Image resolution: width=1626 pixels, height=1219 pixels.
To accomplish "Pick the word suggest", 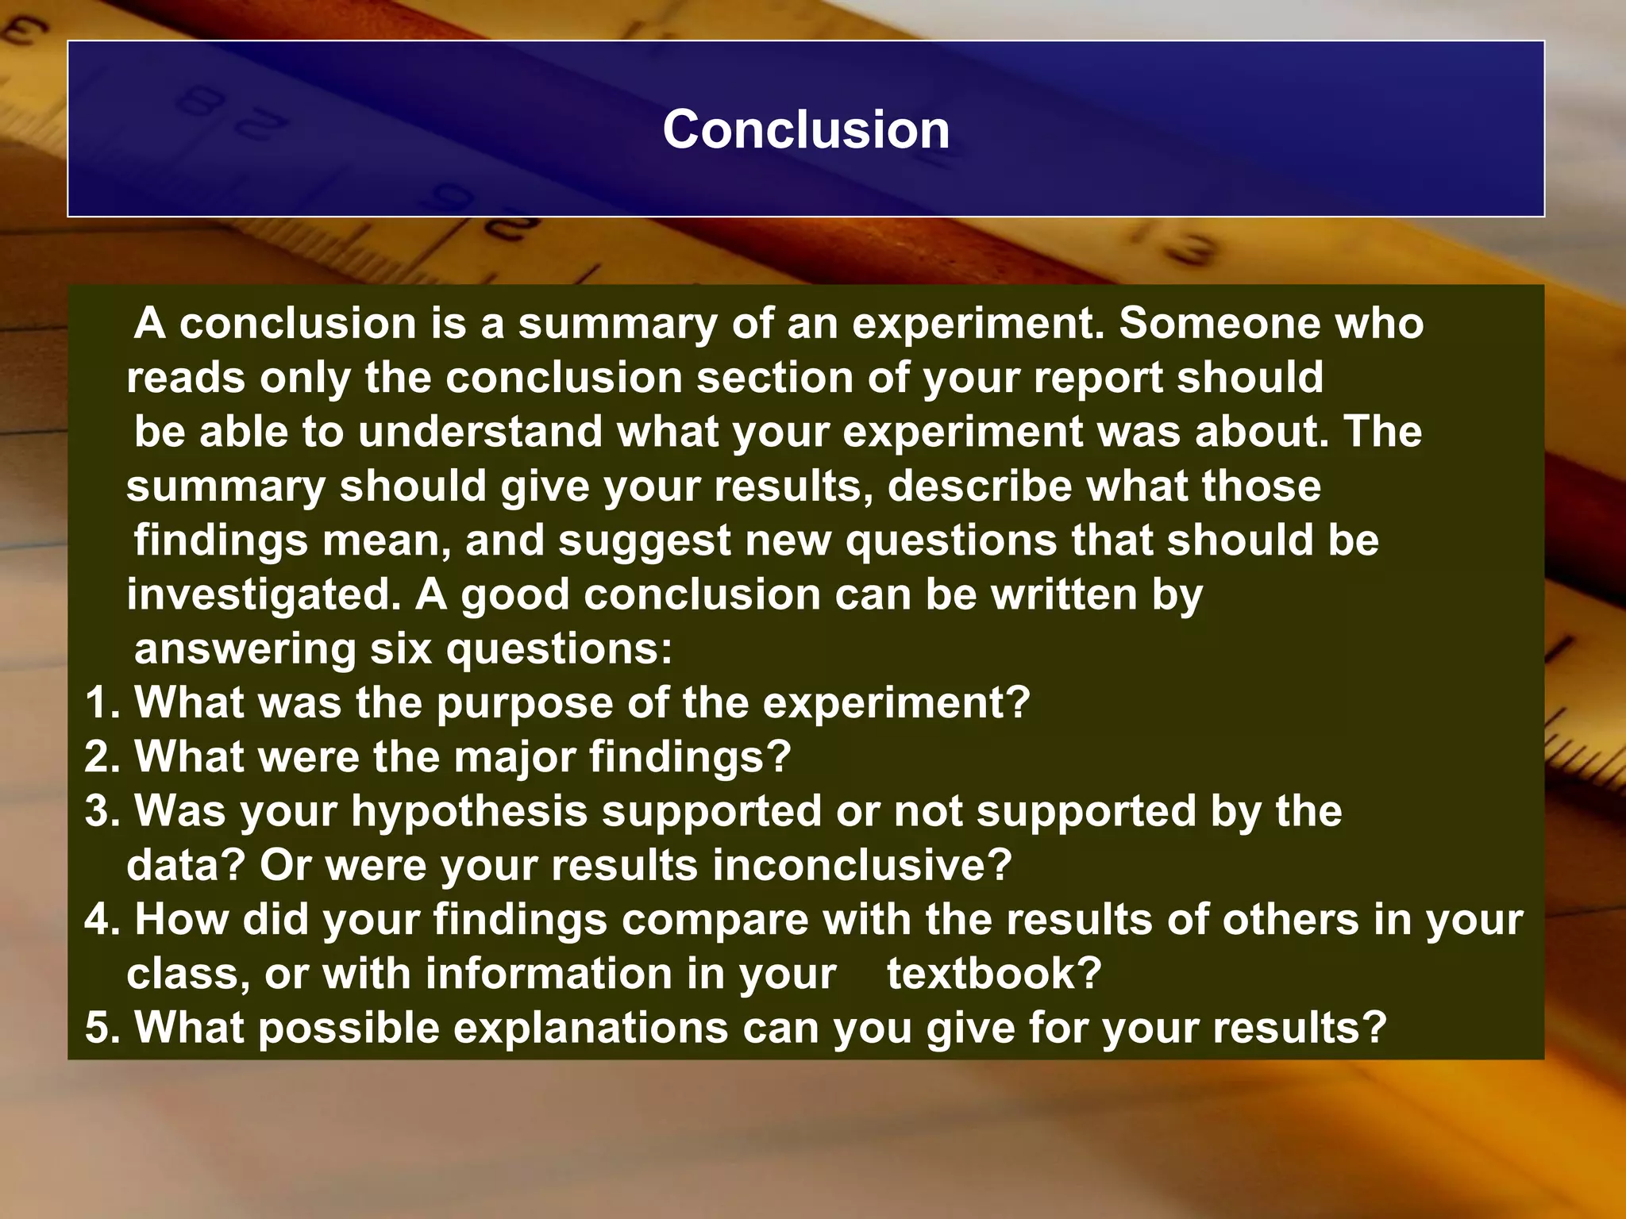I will [644, 541].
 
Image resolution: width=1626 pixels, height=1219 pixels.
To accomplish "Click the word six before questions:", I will [401, 648].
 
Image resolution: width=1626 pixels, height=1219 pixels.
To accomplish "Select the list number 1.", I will [101, 703].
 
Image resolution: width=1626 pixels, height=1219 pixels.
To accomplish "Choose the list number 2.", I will [101, 757].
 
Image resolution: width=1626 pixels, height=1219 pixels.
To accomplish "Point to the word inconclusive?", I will [862, 865].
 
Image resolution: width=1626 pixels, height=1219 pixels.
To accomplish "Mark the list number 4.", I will [101, 920].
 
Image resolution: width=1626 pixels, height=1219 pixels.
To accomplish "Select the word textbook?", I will [994, 974].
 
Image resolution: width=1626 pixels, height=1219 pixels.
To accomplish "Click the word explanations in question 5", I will [592, 1029].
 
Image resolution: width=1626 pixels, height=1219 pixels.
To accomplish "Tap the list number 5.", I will [101, 1028].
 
